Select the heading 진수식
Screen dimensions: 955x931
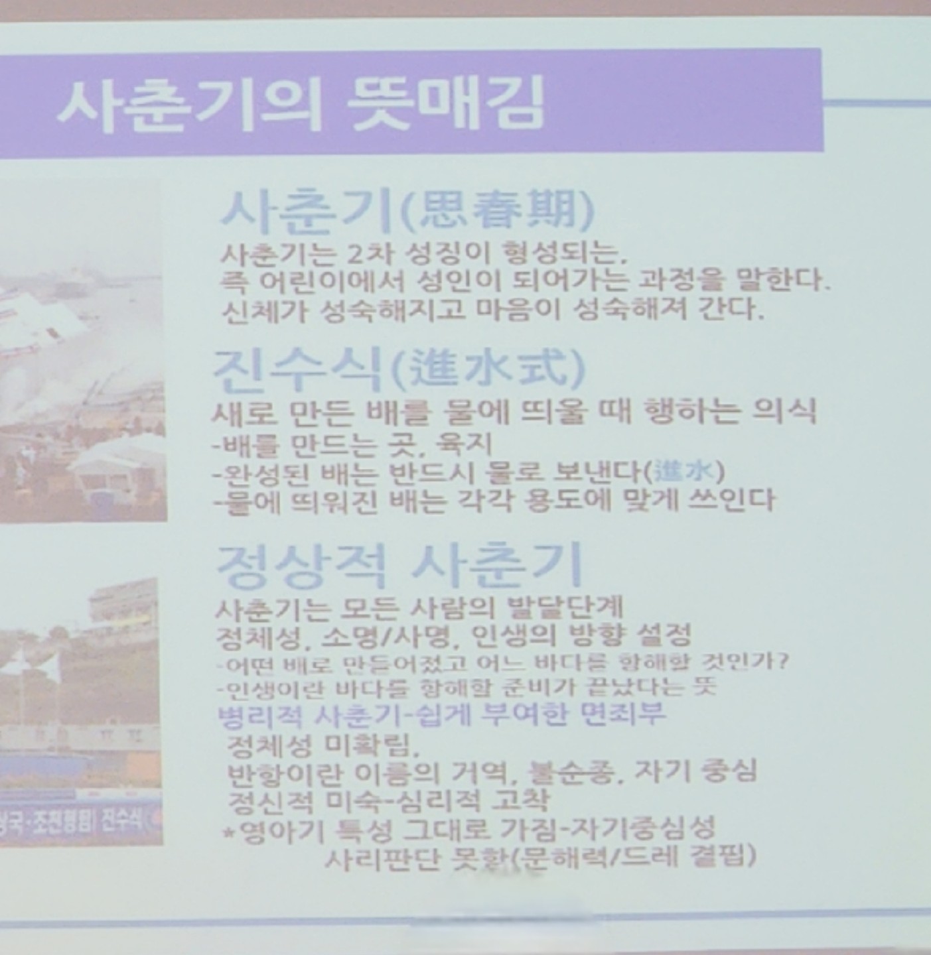(298, 370)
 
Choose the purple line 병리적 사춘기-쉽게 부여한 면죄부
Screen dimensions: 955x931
(442, 714)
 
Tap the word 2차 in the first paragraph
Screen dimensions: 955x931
(365, 254)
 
